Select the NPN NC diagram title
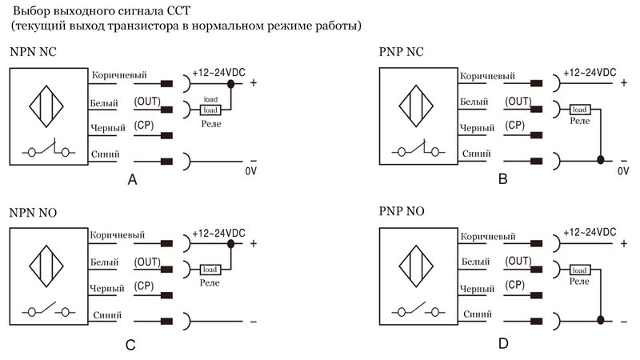[33, 53]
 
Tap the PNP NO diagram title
[403, 212]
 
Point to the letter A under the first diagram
[133, 181]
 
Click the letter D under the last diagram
[502, 344]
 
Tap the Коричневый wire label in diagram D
[488, 237]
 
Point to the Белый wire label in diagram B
[476, 102]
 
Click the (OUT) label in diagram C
[147, 262]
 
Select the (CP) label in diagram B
[516, 126]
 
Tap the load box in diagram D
[580, 270]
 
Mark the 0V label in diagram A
[250, 170]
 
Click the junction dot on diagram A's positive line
[231, 83]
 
